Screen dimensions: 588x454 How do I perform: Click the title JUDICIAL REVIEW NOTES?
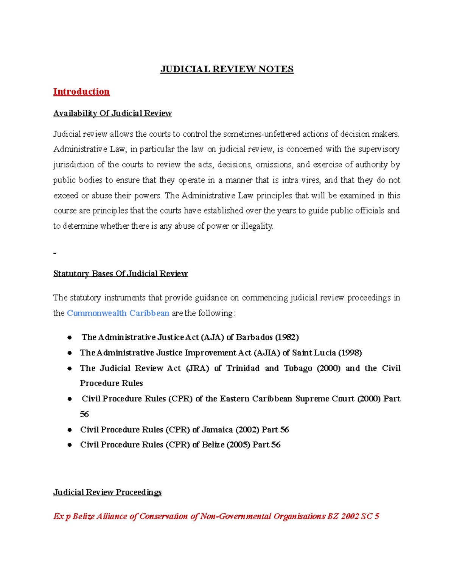[227, 69]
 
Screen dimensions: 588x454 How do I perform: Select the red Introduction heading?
[81, 92]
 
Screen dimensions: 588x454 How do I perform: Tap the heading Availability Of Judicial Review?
[112, 113]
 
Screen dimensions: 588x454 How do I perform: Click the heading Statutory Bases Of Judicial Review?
[120, 273]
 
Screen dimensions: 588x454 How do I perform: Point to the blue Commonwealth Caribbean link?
[118, 313]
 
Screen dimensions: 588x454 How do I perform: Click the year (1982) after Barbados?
[287, 337]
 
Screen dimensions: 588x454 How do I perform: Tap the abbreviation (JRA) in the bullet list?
[197, 368]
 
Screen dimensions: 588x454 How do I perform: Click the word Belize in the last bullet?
[213, 445]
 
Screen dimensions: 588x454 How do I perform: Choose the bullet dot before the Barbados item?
[70, 337]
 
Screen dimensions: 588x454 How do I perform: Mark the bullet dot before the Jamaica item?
[70, 430]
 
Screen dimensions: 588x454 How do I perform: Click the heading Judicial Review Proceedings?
[107, 492]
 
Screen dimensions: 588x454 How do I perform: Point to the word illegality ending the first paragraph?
[257, 226]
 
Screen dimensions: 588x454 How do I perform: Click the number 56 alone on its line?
[84, 414]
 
